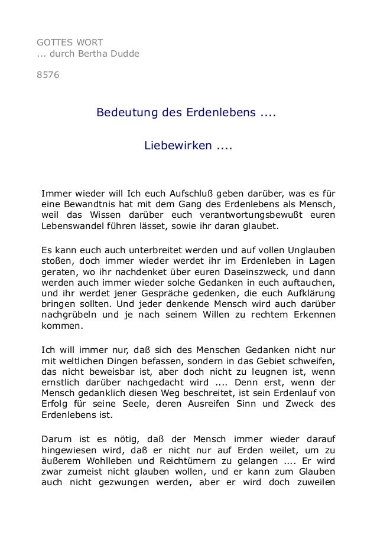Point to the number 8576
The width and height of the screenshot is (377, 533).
point(48,77)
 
